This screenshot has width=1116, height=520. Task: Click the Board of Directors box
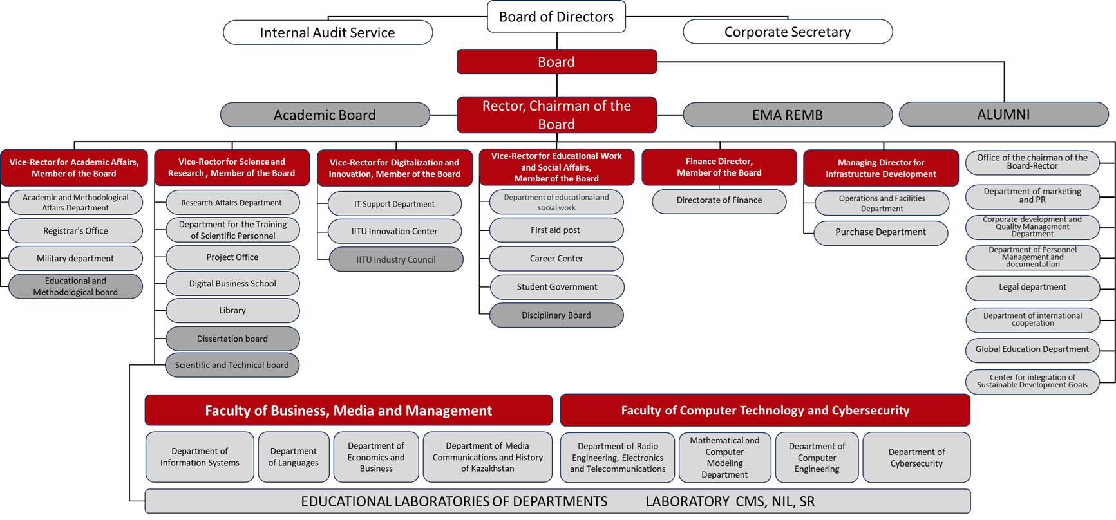coord(556,17)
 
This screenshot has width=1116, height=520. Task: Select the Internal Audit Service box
coord(328,32)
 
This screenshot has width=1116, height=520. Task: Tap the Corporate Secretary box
coord(788,32)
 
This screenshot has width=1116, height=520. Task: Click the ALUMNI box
coord(1003,115)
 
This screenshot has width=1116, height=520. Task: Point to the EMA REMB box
coord(788,115)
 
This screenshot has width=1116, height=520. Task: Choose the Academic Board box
coord(325,115)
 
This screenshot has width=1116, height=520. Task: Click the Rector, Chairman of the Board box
coord(556,115)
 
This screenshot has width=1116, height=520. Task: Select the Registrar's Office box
coord(75,230)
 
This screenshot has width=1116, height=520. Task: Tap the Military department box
coord(75,258)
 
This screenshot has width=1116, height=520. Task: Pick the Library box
coord(232,310)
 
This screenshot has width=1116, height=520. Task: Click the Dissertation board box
coord(232,339)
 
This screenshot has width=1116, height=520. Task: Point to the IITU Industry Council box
coord(396,259)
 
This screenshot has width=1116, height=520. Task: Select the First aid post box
coord(556,230)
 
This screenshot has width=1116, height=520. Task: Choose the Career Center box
coord(556,258)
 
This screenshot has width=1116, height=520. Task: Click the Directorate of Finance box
coord(719,201)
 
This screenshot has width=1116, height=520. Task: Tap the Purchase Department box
coord(881,232)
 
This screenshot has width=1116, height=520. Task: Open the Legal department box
coord(1032,288)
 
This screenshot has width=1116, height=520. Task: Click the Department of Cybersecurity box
coord(916,458)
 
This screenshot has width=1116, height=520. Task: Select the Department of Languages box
coord(294,457)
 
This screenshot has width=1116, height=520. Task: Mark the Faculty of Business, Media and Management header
coord(348,411)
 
